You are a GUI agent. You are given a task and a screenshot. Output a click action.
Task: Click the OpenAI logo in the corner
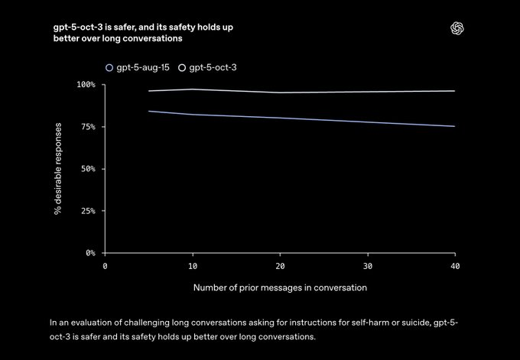[457, 28]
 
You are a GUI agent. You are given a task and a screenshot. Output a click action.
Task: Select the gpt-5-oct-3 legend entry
[209, 67]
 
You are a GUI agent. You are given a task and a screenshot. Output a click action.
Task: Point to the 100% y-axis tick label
[86, 84]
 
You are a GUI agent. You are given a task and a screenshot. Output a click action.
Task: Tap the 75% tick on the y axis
[88, 126]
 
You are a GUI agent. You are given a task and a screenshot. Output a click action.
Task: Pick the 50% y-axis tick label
[88, 168]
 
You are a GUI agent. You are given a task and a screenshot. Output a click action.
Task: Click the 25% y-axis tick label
[88, 210]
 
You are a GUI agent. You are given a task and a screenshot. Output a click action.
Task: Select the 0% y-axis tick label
[90, 252]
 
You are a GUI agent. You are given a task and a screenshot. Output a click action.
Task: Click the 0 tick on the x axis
[106, 265]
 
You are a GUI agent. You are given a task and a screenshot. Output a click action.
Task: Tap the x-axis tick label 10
[193, 265]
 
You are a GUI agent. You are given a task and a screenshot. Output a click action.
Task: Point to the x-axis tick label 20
[280, 265]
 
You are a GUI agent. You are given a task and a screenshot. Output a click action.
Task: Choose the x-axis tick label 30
[368, 265]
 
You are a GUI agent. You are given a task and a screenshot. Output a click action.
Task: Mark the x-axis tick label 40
[455, 265]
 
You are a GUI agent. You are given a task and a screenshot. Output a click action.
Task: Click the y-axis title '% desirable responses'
[58, 168]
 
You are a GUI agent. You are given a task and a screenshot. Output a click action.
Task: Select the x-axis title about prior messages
[280, 288]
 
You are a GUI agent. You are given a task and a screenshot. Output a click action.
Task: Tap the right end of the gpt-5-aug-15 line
[455, 126]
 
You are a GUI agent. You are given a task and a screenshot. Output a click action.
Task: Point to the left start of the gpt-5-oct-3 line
[149, 91]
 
